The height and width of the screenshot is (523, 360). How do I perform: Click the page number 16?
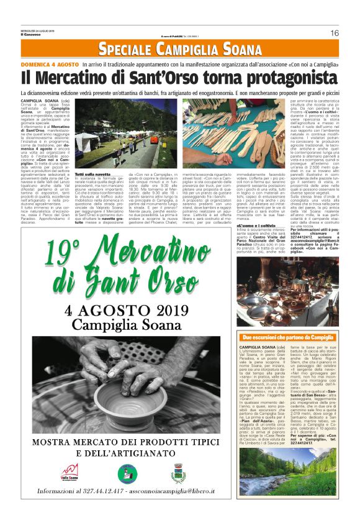[x=334, y=33]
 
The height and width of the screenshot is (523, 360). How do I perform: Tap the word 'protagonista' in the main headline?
[x=286, y=78]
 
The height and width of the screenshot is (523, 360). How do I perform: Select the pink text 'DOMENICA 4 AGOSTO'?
[x=50, y=64]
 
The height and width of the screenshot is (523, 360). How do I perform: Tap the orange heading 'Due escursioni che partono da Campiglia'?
[x=287, y=337]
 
